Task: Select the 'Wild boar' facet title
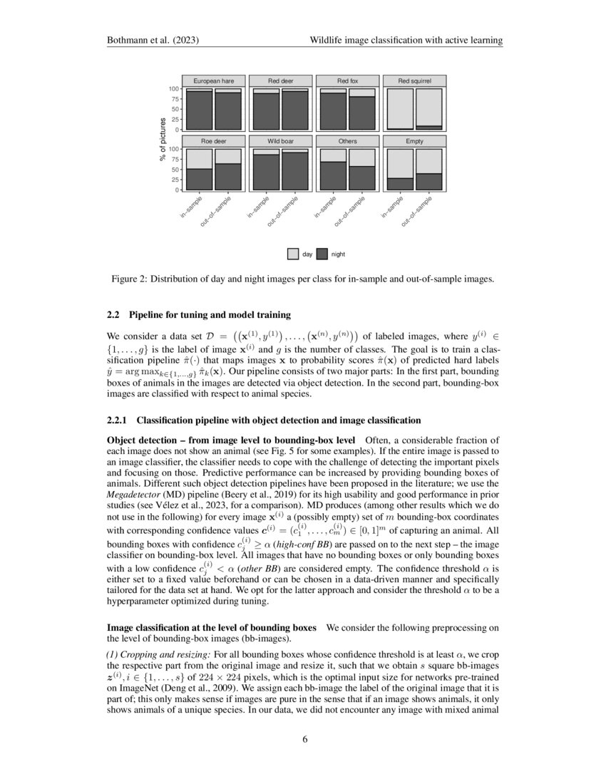point(280,141)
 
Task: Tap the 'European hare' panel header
point(213,81)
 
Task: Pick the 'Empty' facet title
point(414,141)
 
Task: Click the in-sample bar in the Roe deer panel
point(199,170)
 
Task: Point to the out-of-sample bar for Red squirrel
point(428,109)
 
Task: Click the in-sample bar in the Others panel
point(333,170)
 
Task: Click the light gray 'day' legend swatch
point(293,253)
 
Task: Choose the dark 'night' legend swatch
point(322,253)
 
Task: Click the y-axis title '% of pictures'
point(163,139)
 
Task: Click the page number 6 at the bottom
point(304,738)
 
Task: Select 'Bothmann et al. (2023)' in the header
point(149,41)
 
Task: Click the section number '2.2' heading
point(114,314)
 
